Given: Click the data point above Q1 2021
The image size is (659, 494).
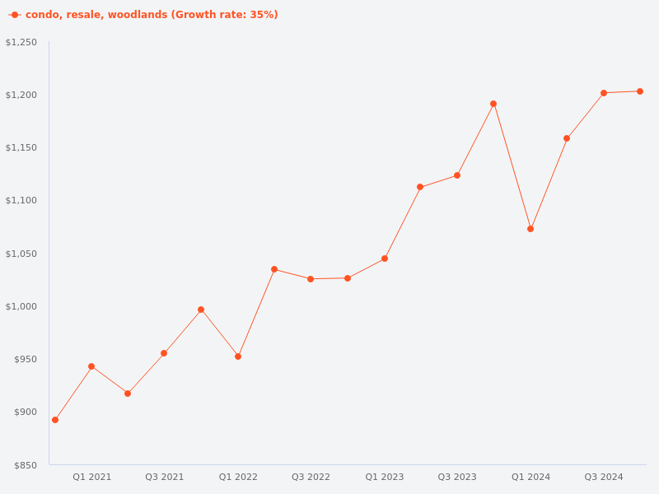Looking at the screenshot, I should [91, 366].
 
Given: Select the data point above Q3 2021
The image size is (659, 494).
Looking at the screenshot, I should [164, 353].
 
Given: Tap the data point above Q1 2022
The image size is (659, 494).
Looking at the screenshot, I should [238, 357].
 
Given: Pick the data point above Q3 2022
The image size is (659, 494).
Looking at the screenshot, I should [311, 279].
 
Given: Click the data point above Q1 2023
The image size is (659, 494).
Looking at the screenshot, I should [385, 259].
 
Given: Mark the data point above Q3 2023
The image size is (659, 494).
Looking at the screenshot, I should [457, 175].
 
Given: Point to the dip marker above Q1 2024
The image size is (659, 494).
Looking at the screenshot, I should [530, 229].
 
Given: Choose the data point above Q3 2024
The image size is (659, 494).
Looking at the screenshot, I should [604, 93].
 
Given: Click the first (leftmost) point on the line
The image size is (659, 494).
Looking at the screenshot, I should [55, 420].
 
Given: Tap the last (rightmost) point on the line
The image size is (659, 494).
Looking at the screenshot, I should [640, 91].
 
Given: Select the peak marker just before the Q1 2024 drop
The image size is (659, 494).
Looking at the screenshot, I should [493, 104].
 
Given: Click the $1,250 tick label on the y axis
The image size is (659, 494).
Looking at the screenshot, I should [21, 42].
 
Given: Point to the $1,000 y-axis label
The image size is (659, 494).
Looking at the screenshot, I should [21, 306].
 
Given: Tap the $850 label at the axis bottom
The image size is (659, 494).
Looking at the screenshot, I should [26, 465].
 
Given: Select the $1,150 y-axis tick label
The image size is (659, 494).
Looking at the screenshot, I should [21, 147].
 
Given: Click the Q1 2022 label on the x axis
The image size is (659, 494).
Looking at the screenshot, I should [238, 477].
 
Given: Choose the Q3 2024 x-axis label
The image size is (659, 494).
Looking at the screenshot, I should [604, 477].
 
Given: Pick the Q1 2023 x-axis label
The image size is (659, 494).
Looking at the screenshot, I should [385, 477].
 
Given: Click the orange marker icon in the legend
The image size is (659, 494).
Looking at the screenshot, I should [15, 15].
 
